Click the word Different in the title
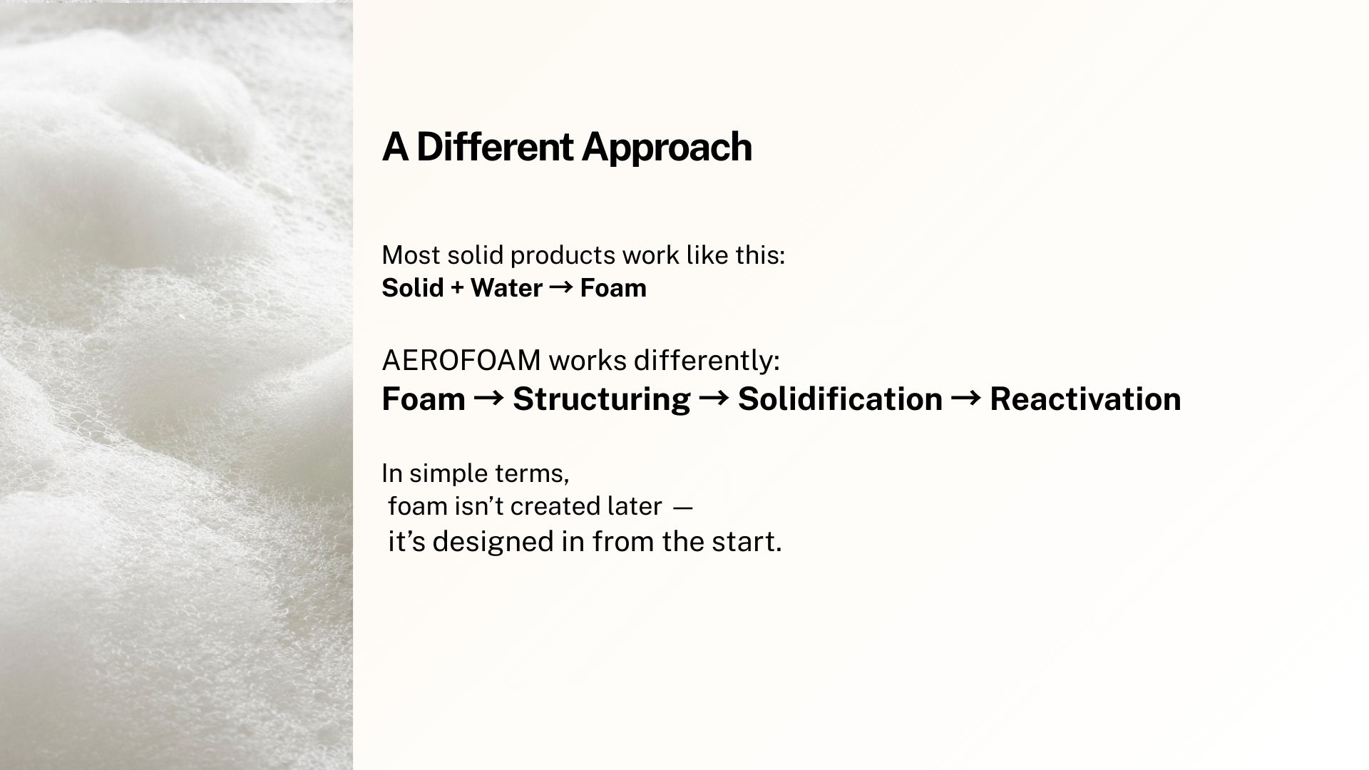(x=495, y=147)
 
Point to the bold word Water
(x=506, y=288)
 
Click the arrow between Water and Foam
(x=561, y=288)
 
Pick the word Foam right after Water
(x=613, y=288)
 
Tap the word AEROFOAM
(x=461, y=361)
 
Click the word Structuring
(x=602, y=399)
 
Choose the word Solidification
(x=840, y=399)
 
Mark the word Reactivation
(x=1085, y=399)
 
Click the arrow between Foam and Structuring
(x=489, y=398)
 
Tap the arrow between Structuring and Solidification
(x=714, y=398)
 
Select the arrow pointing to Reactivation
(x=966, y=398)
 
